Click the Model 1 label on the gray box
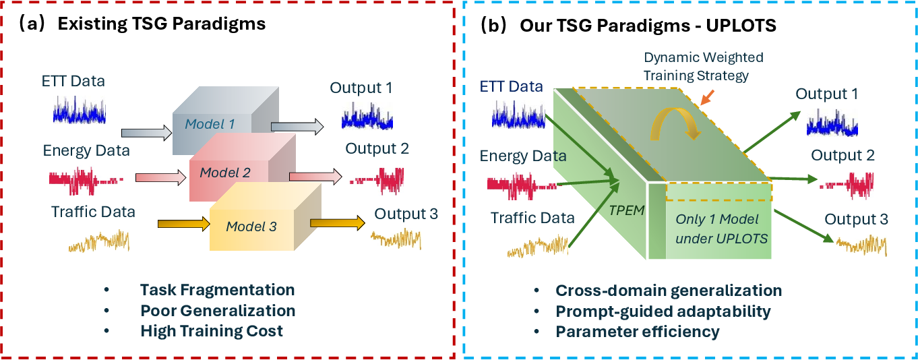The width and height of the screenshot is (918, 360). pos(210,124)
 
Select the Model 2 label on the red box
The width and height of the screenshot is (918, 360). pos(225,173)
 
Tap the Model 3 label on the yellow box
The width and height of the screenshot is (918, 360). pos(251,227)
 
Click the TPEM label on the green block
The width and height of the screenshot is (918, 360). pos(627,210)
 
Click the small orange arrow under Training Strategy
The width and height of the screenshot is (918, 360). pos(708,98)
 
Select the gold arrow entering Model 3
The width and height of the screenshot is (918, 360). pos(184,224)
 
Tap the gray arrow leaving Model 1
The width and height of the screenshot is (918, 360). pos(297,127)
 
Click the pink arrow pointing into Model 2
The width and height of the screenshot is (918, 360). pos(160,177)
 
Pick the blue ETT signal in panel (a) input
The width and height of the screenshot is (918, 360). pos(79,110)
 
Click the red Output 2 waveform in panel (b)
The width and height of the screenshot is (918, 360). pos(847,186)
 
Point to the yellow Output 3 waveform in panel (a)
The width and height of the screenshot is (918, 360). pos(396,239)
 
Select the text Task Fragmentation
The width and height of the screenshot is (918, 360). pos(217,290)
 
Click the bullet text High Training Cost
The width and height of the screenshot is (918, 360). pos(212,331)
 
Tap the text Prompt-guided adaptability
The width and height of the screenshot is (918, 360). pos(663,311)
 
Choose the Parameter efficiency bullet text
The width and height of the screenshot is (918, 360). pos(637,332)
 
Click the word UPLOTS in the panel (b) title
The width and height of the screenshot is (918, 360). pos(741,26)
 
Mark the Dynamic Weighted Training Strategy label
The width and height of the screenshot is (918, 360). pos(703,67)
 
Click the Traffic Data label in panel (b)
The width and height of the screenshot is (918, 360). pos(532,218)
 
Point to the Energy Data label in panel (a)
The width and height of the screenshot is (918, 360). pos(86,151)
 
